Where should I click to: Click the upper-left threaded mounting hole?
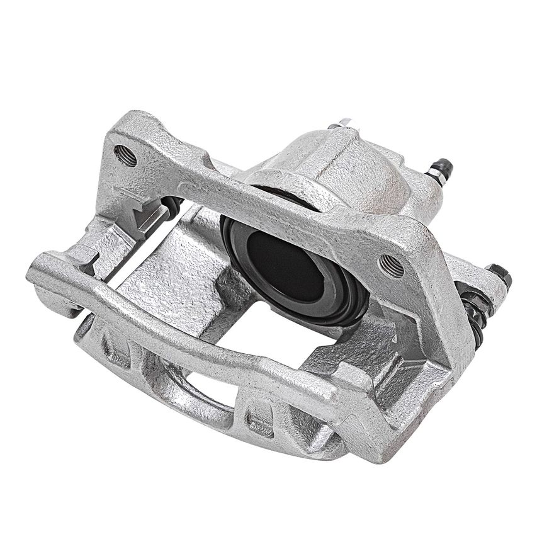pyautogui.click(x=125, y=155)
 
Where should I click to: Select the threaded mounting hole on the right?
pyautogui.click(x=392, y=266)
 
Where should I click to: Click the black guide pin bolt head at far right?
pyautogui.click(x=501, y=274)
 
